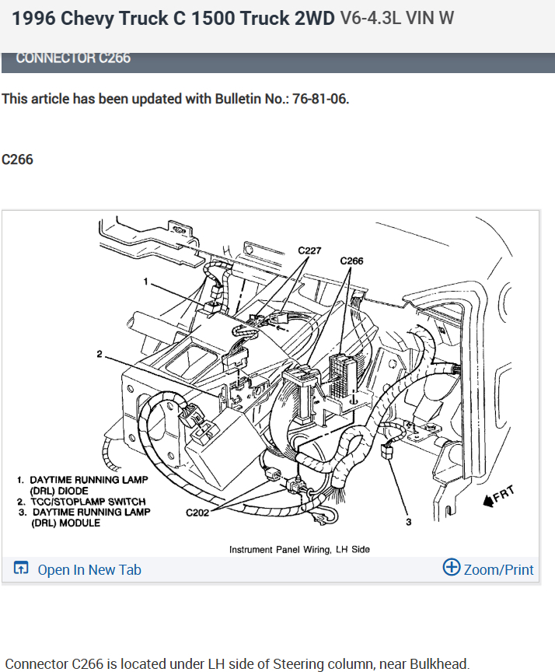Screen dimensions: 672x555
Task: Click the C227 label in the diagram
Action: (311, 250)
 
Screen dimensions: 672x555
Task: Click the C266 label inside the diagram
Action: (351, 261)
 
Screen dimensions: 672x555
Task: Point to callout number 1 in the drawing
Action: (144, 280)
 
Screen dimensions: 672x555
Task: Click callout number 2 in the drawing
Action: (99, 354)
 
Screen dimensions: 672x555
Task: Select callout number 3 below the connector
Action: (408, 521)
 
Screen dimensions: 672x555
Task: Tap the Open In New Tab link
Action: (89, 570)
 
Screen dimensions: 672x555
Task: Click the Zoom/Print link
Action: (498, 570)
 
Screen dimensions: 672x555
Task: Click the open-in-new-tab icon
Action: (21, 569)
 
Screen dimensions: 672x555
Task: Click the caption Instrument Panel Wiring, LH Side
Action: (299, 549)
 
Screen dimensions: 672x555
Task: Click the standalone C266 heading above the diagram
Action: (17, 159)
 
